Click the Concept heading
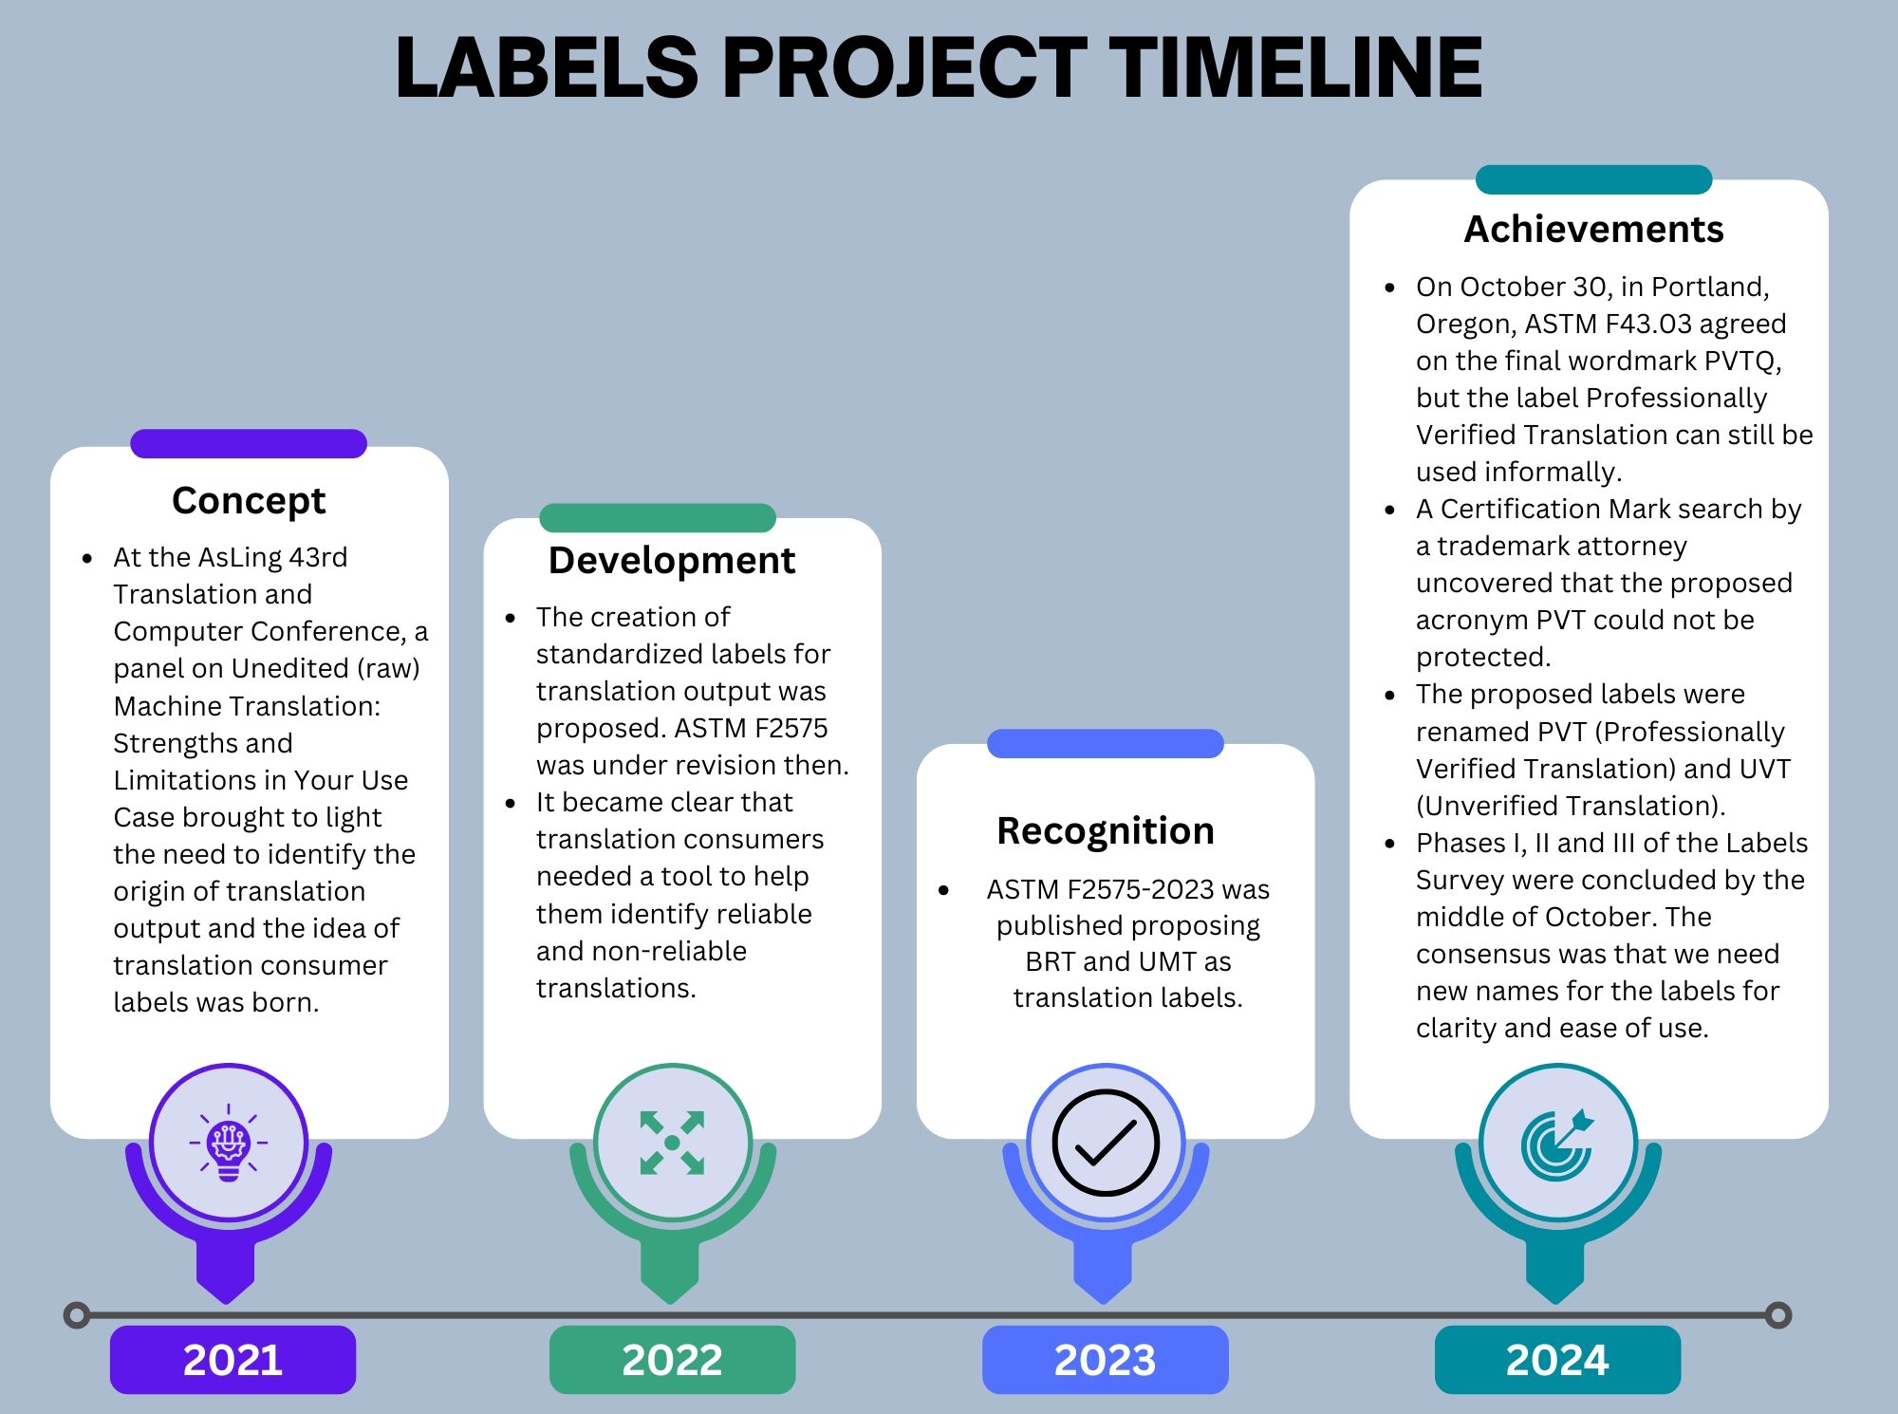tap(249, 501)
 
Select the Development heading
tap(672, 561)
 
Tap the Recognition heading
tap(1106, 831)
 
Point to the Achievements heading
tap(1593, 229)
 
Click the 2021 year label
tap(233, 1360)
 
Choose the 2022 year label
tap(672, 1360)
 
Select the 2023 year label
tap(1105, 1360)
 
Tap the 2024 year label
tap(1557, 1360)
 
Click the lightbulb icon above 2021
tap(229, 1143)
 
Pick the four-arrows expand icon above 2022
tap(672, 1143)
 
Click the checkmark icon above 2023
tap(1106, 1143)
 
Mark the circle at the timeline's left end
tap(77, 1315)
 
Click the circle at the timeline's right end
tap(1778, 1315)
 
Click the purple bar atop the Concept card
tap(249, 443)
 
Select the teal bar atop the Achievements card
tap(1593, 179)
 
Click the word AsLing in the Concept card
tap(230, 558)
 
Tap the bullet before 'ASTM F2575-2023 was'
tap(943, 890)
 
